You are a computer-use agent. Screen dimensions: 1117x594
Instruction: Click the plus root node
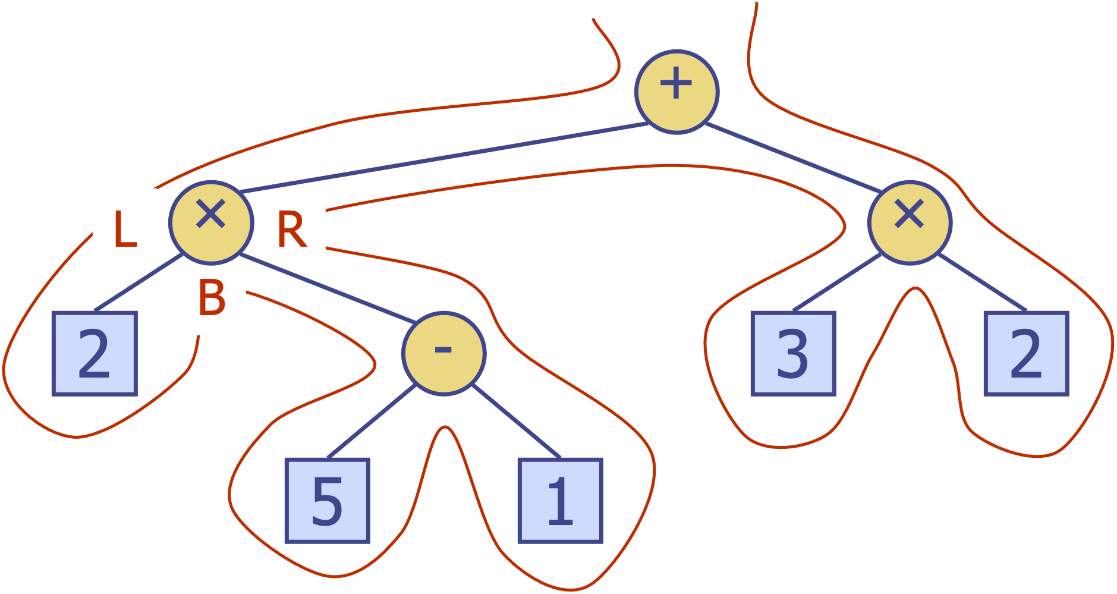click(x=677, y=92)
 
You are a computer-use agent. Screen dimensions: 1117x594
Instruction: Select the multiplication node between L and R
click(x=211, y=222)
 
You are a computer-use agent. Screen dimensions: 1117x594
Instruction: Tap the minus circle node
click(x=443, y=353)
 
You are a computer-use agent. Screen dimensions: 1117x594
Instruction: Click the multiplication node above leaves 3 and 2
click(x=910, y=222)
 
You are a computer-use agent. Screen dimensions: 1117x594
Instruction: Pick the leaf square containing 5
click(x=327, y=501)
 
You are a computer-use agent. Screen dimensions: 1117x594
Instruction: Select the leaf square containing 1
click(x=560, y=501)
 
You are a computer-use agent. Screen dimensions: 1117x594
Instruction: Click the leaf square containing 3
click(x=793, y=353)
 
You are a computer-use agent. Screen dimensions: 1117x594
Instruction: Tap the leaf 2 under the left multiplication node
click(x=95, y=353)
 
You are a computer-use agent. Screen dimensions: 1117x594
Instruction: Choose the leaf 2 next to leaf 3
click(x=1026, y=353)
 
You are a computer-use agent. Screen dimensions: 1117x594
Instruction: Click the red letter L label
click(x=125, y=229)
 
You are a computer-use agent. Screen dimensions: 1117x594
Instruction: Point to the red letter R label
click(x=291, y=229)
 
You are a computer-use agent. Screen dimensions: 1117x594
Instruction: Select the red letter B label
click(x=212, y=297)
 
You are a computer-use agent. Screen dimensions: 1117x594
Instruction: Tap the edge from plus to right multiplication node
click(x=794, y=158)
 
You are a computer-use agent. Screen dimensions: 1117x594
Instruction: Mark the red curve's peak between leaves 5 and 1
click(x=444, y=427)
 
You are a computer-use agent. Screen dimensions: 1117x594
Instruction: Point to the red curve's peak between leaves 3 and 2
click(x=915, y=288)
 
